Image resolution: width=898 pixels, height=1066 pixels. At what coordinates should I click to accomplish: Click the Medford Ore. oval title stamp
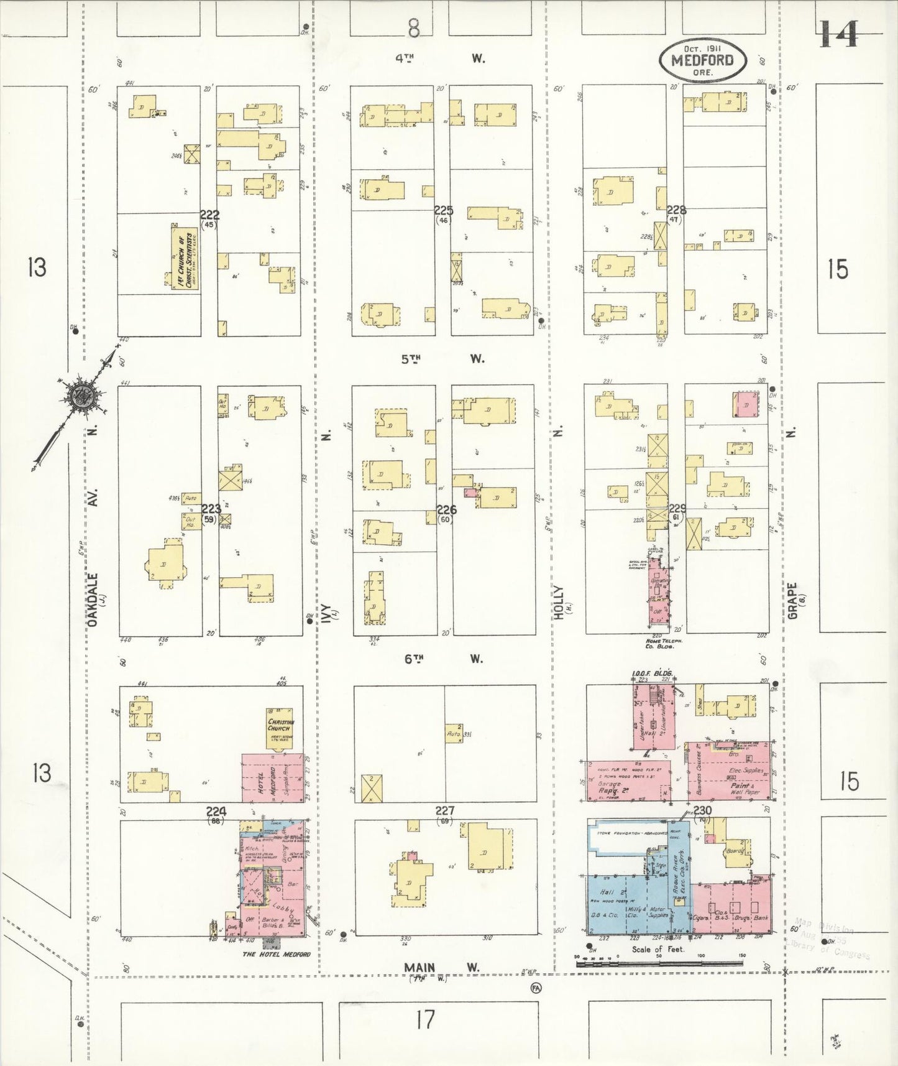pyautogui.click(x=702, y=60)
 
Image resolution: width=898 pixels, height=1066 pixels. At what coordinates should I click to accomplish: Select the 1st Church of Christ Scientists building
pyautogui.click(x=185, y=257)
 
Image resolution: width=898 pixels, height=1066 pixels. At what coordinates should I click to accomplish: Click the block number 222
pyautogui.click(x=209, y=215)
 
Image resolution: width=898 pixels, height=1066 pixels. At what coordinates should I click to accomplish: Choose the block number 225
pyautogui.click(x=443, y=211)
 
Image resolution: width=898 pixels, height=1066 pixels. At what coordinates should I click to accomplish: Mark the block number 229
pyautogui.click(x=677, y=509)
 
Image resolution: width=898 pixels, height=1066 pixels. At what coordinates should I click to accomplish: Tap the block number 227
pyautogui.click(x=445, y=811)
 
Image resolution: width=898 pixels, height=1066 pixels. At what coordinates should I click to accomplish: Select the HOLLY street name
pyautogui.click(x=558, y=601)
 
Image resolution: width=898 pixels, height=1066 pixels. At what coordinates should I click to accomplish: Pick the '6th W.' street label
pyautogui.click(x=442, y=659)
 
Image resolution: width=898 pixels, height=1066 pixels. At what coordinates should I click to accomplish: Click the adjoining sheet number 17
pyautogui.click(x=425, y=1020)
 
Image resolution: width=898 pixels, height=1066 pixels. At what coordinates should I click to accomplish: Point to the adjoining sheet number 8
pyautogui.click(x=414, y=28)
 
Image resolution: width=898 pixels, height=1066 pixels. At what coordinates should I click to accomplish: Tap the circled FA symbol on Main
pyautogui.click(x=535, y=987)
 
